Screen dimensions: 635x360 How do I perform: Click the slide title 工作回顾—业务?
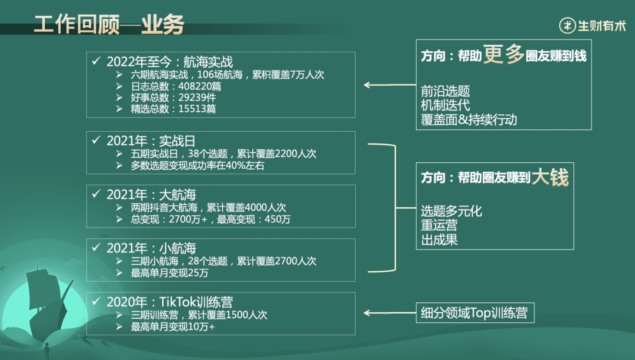[109, 25]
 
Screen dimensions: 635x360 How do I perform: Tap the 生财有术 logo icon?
[567, 25]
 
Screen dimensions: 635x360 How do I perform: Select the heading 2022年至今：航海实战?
[169, 61]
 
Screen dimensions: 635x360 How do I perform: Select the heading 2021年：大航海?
[151, 195]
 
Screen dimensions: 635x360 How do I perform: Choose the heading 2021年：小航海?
[151, 248]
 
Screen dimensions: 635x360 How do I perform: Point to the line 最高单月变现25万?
[169, 273]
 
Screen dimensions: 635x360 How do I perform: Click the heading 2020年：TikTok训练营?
[169, 302]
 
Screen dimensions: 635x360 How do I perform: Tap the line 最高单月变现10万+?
[173, 326]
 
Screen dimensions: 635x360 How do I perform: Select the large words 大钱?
[550, 177]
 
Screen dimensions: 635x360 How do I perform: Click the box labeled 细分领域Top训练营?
[475, 312]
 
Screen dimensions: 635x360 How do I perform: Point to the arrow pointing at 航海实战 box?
[389, 85]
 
